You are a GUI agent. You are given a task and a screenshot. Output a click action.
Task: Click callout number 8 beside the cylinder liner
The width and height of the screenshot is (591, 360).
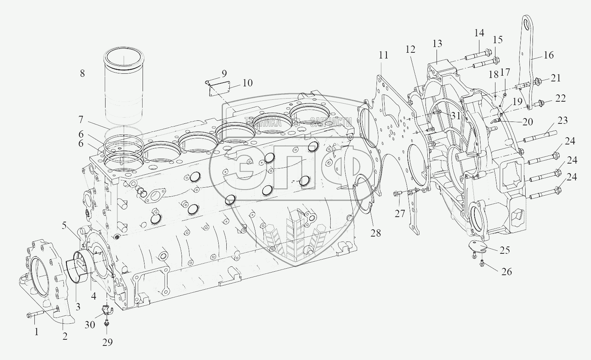click(82, 73)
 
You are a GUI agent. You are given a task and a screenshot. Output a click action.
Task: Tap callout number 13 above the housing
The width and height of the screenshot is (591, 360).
click(437, 44)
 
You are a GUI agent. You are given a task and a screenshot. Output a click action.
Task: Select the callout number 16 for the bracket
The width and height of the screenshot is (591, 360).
click(548, 55)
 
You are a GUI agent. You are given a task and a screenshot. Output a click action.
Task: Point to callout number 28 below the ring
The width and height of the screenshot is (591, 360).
click(376, 232)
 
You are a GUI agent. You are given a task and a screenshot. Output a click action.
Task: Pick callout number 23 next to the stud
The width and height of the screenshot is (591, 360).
click(562, 120)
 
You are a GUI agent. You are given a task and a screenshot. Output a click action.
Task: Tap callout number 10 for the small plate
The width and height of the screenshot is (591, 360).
click(247, 83)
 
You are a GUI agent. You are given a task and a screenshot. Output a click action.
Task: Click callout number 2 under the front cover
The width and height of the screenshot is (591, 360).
click(65, 336)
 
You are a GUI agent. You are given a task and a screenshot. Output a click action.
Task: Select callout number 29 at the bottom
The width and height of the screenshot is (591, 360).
click(107, 342)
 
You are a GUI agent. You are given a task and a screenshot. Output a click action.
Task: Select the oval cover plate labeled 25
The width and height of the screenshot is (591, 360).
click(478, 247)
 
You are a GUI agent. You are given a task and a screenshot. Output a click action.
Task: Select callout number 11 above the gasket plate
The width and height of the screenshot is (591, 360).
click(383, 55)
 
